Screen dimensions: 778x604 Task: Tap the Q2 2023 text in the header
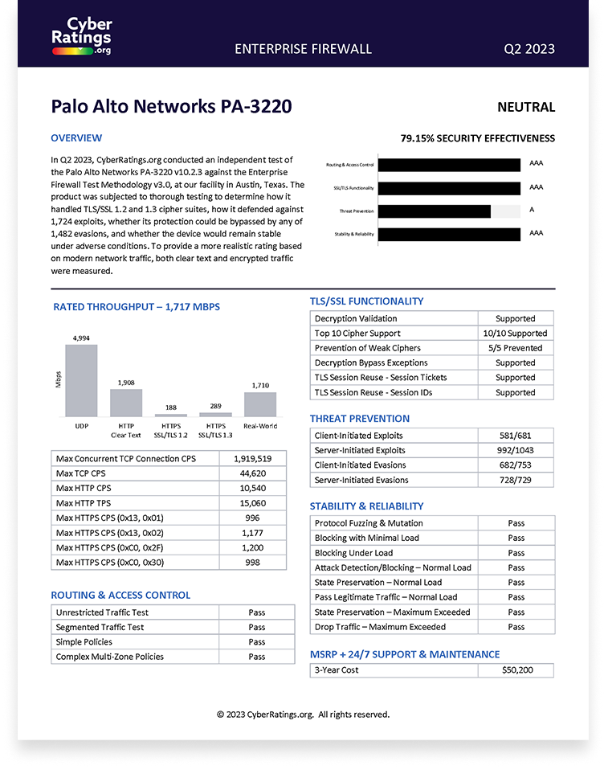(528, 49)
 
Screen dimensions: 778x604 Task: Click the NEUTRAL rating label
(525, 107)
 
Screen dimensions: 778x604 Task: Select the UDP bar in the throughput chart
(81, 380)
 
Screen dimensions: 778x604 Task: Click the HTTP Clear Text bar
(126, 402)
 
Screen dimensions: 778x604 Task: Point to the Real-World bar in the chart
(259, 403)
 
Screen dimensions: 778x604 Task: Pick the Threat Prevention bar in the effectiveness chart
(434, 211)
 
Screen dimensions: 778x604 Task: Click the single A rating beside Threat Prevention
(533, 211)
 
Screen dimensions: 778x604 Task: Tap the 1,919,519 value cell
(252, 459)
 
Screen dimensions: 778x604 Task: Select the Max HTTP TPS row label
(84, 503)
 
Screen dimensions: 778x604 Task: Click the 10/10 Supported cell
(515, 334)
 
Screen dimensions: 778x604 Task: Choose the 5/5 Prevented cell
(515, 348)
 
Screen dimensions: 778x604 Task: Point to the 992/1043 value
(515, 450)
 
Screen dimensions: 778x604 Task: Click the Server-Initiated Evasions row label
(361, 480)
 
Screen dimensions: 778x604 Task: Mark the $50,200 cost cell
(516, 670)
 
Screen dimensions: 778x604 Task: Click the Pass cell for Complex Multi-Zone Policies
(256, 657)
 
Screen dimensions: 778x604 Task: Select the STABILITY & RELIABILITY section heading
(366, 506)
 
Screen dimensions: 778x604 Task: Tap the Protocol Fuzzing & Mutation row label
(369, 523)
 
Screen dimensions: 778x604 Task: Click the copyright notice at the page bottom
(303, 714)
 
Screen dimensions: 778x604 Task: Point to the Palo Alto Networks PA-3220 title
(171, 107)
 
